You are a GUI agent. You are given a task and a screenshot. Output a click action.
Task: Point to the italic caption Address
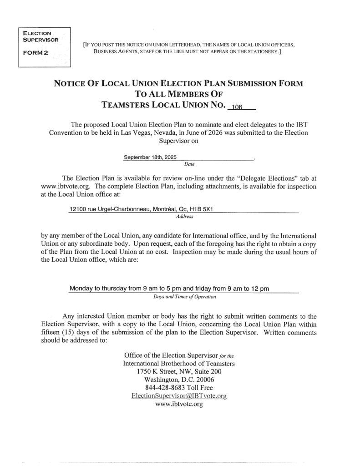click(x=184, y=217)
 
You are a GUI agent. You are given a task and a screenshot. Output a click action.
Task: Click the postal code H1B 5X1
click(x=203, y=210)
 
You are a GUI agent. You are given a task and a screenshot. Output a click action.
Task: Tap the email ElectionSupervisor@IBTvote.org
click(x=178, y=396)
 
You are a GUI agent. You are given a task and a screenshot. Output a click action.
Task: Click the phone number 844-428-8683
click(x=164, y=388)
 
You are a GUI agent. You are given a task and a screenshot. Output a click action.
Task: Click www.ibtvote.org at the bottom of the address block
click(x=178, y=405)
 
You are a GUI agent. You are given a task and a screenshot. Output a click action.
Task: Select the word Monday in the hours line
click(x=81, y=289)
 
